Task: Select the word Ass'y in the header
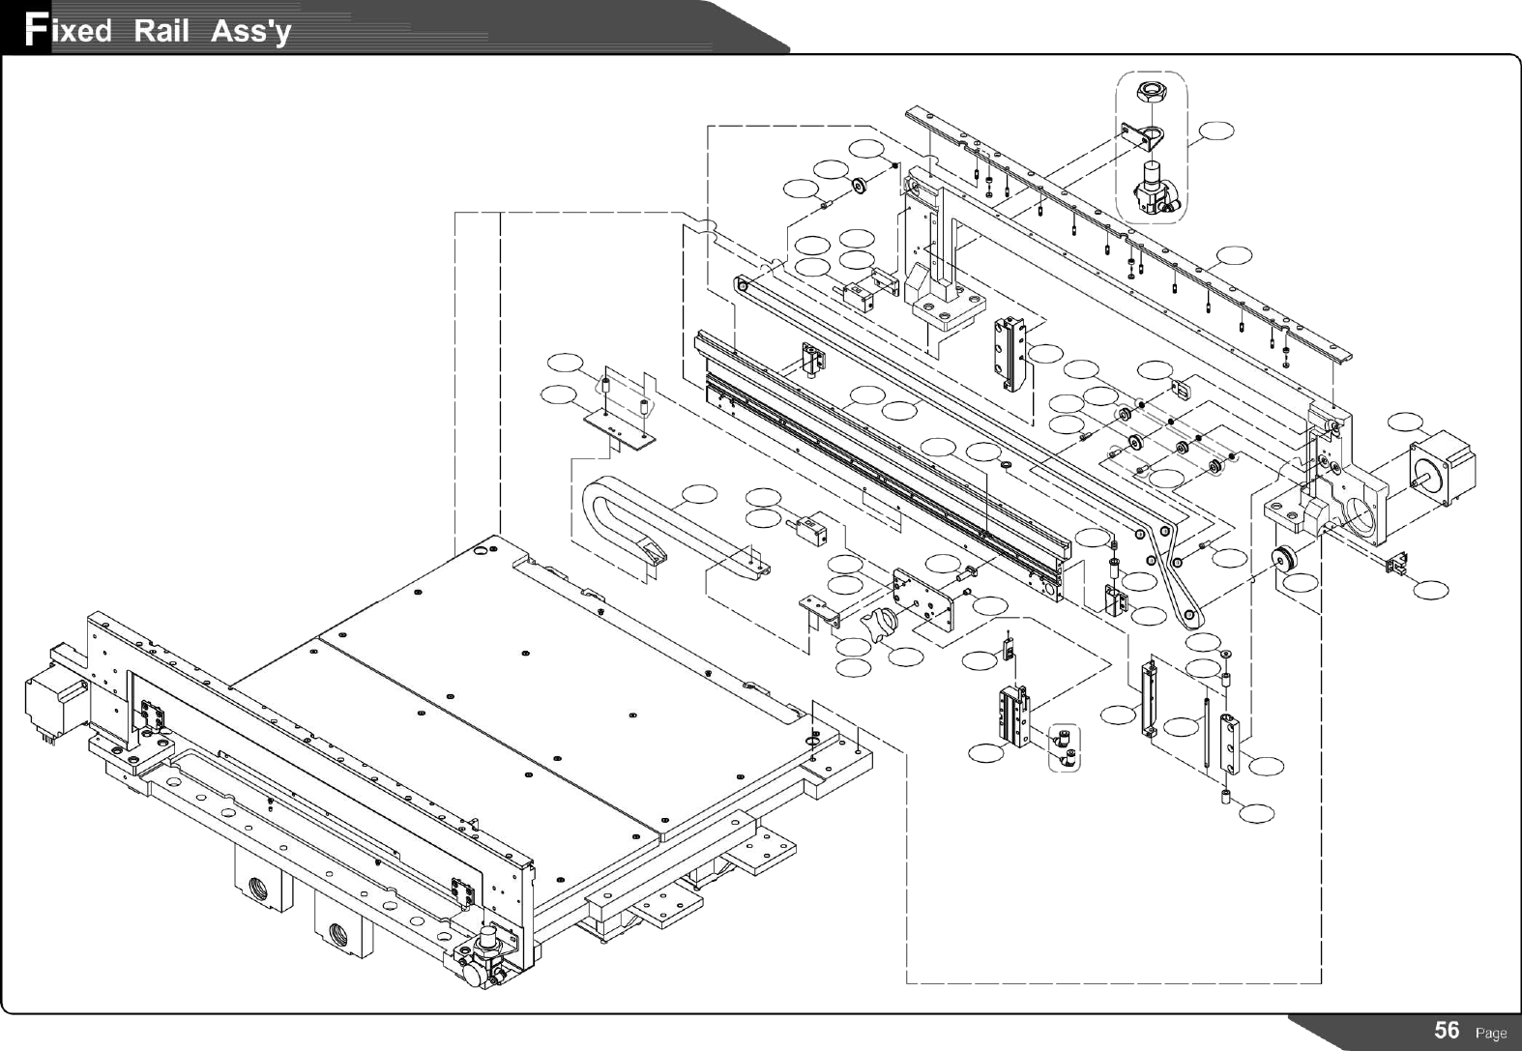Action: tap(250, 32)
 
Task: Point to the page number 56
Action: tap(1447, 1030)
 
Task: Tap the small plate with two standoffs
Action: tap(620, 423)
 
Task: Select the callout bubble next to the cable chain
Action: tap(700, 494)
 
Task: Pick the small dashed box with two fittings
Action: tap(1064, 747)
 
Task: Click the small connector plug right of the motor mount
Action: tap(1396, 563)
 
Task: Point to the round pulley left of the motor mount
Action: tap(1286, 560)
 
